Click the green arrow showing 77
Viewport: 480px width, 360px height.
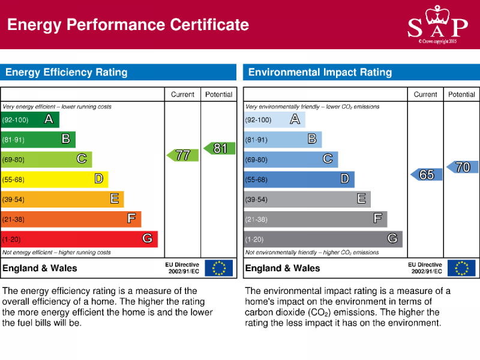coord(182,155)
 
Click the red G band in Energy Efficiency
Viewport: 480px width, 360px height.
coord(79,239)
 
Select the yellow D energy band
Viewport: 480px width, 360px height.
coord(54,179)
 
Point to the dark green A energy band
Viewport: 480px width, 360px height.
coord(30,119)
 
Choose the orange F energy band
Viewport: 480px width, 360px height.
coord(71,219)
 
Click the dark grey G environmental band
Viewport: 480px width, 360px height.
coord(323,239)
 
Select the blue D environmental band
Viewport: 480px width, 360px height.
coord(299,179)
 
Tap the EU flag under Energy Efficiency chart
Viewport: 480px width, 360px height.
coord(218,268)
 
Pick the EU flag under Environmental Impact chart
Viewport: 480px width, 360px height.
coord(461,268)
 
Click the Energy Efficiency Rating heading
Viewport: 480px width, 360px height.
coord(67,73)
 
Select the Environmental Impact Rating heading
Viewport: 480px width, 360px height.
coord(320,73)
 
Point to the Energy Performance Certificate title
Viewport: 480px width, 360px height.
coord(128,25)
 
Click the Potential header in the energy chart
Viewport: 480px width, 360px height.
coord(219,94)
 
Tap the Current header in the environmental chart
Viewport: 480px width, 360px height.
coord(425,94)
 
